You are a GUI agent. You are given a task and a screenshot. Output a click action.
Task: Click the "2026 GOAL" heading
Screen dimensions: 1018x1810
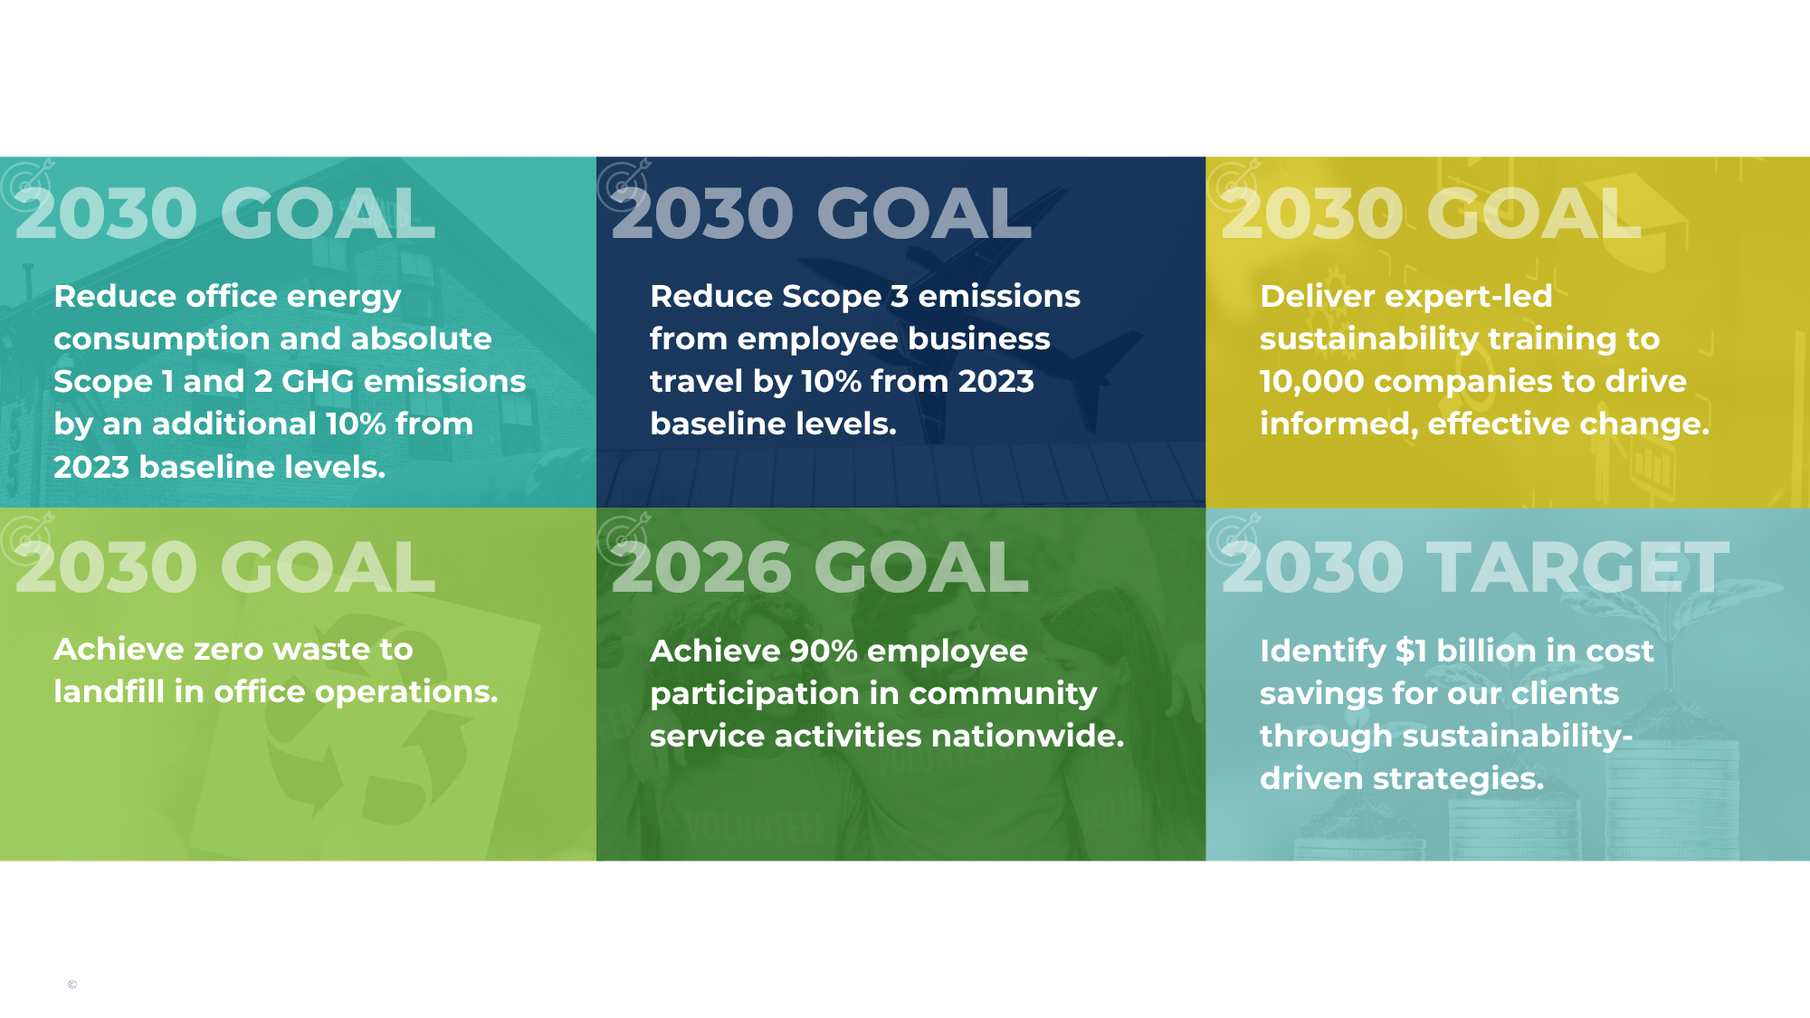tap(820, 567)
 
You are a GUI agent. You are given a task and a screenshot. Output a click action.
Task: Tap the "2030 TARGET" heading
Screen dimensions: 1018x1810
tap(1475, 567)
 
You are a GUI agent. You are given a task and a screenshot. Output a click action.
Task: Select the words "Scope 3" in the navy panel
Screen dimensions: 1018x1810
tap(844, 296)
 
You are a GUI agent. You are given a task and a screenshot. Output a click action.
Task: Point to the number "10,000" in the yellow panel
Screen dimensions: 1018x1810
tap(1311, 381)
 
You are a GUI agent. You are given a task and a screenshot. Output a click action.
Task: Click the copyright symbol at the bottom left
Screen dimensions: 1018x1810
tap(72, 985)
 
